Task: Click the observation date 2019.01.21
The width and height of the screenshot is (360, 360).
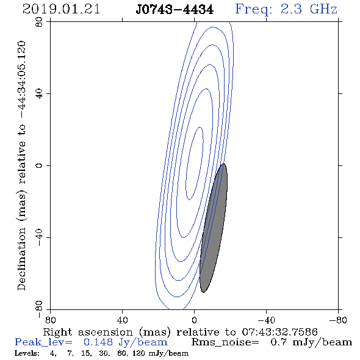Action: (61, 9)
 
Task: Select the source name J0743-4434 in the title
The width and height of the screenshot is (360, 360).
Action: (175, 10)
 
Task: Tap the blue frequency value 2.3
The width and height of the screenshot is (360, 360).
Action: (291, 9)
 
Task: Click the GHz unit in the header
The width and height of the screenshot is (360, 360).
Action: (323, 9)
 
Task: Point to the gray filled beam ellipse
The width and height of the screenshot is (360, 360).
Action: (214, 228)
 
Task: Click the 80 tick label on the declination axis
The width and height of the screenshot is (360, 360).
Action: (39, 22)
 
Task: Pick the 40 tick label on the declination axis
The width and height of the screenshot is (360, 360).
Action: (39, 94)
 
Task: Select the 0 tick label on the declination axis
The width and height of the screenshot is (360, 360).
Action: (39, 165)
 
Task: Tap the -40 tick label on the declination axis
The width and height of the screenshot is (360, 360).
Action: (39, 237)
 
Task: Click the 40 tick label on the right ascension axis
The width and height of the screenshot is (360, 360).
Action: (123, 320)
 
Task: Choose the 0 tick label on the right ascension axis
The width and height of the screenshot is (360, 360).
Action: (194, 320)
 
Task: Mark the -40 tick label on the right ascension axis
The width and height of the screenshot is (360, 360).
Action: (266, 320)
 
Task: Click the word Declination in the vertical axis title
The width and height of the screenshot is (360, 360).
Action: (21, 259)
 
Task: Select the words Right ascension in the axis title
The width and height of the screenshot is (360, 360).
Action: (88, 332)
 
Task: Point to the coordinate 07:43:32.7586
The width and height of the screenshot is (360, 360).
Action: (279, 332)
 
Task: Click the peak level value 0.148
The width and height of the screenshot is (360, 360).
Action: (98, 342)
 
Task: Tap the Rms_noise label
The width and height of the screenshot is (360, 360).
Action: (225, 342)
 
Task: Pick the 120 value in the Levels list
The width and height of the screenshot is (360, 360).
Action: (139, 353)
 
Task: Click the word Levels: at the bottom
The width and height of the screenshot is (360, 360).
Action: (27, 353)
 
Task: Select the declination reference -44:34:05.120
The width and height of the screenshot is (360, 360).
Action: (22, 80)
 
